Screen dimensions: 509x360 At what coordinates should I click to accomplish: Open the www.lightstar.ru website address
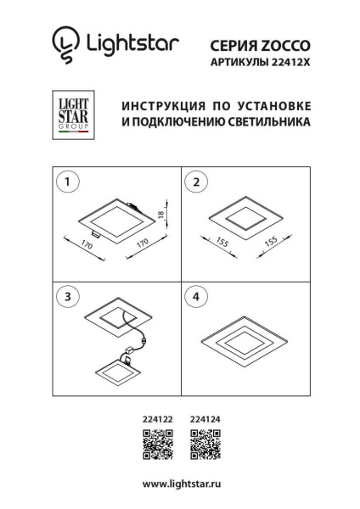180,484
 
